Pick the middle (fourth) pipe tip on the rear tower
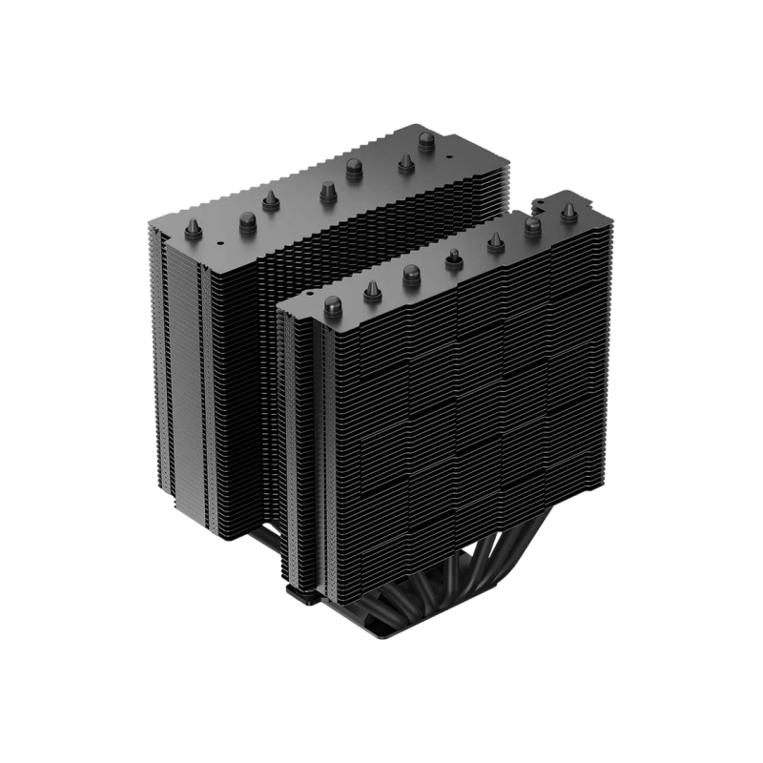click(326, 186)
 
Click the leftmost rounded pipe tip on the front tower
click(333, 304)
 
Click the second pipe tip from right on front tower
click(531, 224)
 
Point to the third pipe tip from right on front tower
click(494, 244)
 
